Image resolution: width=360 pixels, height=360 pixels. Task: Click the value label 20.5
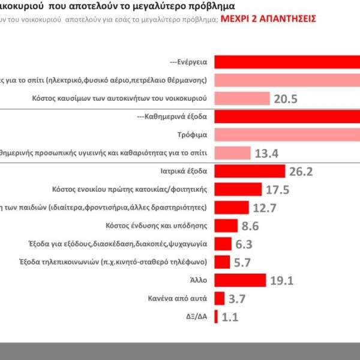pos(286,99)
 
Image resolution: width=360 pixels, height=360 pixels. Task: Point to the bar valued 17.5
pos(238,190)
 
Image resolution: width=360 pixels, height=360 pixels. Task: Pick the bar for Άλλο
pos(239,280)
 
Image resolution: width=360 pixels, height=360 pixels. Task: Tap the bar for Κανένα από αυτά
pos(219,298)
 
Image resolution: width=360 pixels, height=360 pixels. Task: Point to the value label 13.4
pos(266,153)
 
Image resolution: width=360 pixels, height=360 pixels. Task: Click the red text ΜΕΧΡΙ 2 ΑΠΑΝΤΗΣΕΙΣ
pos(268,19)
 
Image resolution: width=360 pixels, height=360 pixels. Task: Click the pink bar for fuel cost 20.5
pos(241,98)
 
